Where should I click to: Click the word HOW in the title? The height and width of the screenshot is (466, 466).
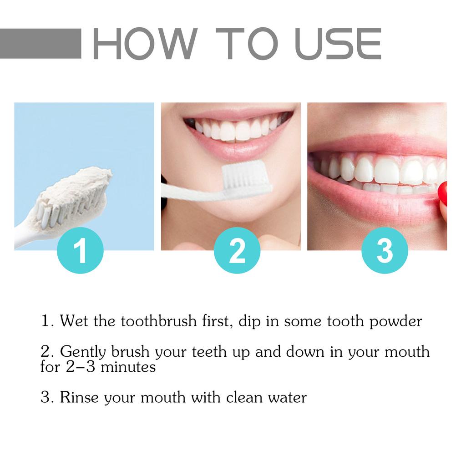tap(145, 44)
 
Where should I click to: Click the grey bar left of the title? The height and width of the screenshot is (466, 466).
tap(41, 44)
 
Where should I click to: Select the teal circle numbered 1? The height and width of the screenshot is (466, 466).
tap(80, 250)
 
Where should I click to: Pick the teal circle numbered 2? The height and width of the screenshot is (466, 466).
tap(237, 250)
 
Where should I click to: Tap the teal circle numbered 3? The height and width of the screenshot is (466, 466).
tap(385, 250)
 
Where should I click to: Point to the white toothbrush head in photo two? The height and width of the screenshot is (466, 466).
tap(246, 177)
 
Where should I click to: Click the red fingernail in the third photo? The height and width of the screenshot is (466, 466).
tap(442, 193)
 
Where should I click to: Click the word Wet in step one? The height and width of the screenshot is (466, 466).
tap(75, 321)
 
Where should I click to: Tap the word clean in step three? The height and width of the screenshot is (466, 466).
tap(243, 397)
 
